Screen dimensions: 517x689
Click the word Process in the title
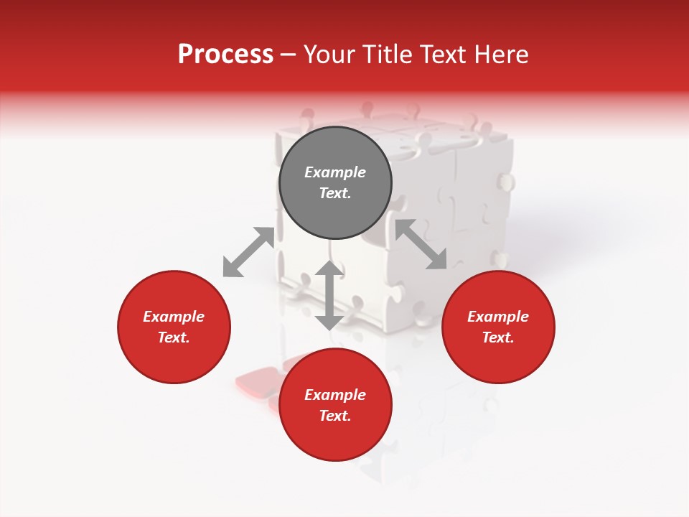225,55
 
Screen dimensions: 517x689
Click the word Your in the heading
331,55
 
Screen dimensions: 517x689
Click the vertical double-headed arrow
329,295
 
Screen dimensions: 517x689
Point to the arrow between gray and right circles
421,244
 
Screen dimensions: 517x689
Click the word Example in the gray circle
335,172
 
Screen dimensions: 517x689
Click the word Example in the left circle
174,317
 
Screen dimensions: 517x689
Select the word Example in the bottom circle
335,395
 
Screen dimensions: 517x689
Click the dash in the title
289,55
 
